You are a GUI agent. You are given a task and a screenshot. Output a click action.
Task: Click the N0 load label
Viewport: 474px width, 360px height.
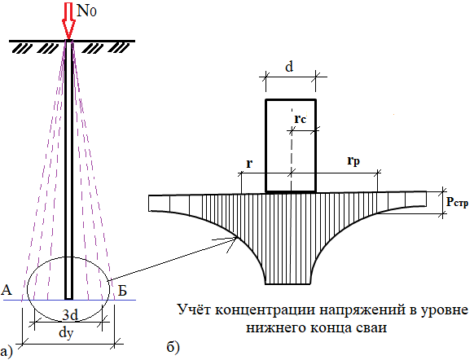(87, 11)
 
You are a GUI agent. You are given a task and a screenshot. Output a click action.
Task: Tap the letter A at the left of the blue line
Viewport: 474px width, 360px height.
(7, 290)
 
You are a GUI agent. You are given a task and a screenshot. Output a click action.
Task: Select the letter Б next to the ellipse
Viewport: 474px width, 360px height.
(121, 290)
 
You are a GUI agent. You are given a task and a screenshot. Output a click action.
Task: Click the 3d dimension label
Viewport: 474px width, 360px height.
(70, 315)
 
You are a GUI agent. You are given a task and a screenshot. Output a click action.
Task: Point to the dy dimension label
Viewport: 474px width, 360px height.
(66, 333)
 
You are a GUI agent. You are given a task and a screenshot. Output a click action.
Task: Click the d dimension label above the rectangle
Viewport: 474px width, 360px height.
(289, 67)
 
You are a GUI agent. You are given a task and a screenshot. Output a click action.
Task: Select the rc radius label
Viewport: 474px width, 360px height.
(301, 119)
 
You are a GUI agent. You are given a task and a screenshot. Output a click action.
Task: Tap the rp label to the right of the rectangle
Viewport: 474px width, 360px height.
(353, 160)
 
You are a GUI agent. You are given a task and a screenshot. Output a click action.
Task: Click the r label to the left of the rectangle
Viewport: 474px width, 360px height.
(249, 163)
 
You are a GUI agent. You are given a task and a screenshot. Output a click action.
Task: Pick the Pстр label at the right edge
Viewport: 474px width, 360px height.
(458, 202)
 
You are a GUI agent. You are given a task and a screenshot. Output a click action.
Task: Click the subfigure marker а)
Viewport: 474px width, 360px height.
(7, 352)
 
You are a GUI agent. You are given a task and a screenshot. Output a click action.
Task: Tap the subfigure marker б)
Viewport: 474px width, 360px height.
(173, 348)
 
